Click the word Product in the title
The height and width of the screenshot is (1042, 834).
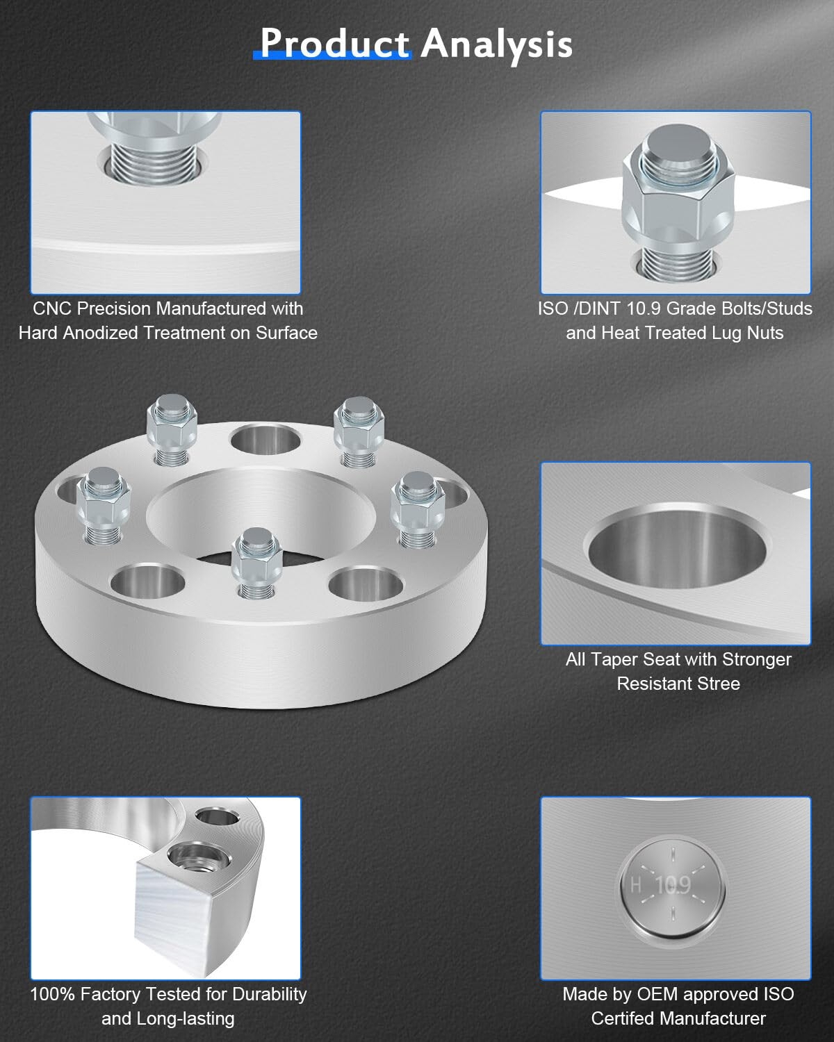tap(334, 43)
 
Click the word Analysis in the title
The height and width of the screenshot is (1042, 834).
tap(497, 45)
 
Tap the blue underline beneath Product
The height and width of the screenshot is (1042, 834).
tap(332, 56)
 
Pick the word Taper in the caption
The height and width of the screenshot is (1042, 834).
tap(612, 659)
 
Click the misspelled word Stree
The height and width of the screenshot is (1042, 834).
tap(719, 684)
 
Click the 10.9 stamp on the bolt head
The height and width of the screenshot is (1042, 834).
tap(673, 885)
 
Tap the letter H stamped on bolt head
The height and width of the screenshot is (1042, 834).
tap(636, 886)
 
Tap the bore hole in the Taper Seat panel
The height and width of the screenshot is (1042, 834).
tap(677, 547)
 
